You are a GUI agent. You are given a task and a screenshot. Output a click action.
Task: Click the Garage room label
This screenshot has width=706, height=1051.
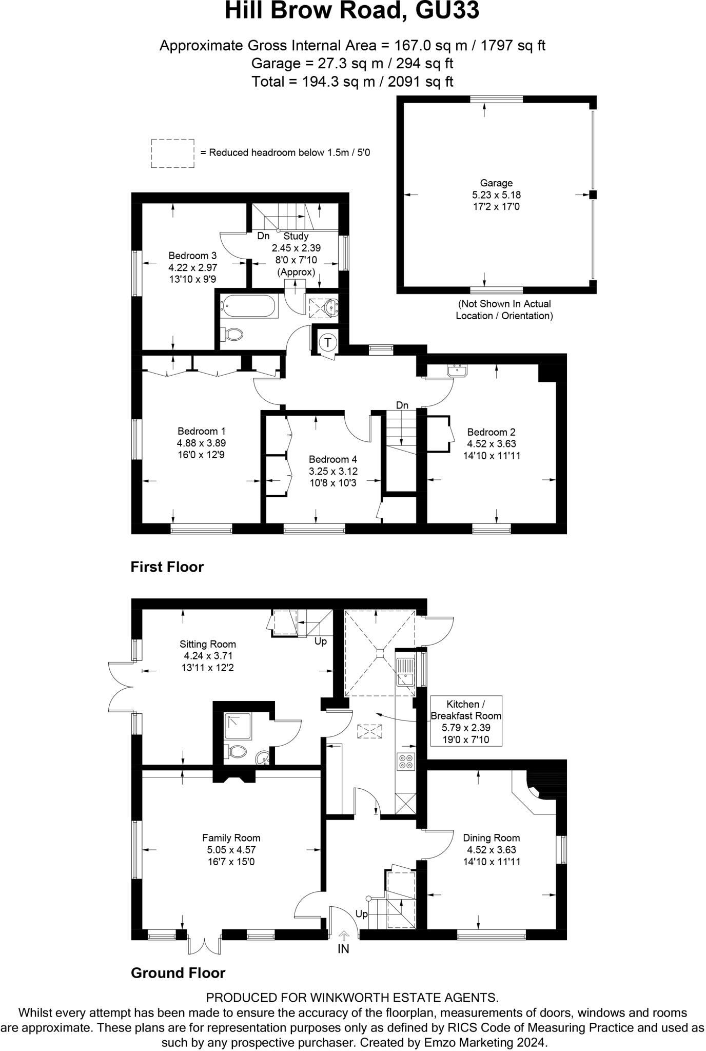[496, 183]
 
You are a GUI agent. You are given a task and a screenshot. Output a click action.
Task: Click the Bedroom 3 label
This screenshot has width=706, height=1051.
[192, 256]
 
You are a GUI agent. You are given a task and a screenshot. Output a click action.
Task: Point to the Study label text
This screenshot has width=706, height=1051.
[296, 236]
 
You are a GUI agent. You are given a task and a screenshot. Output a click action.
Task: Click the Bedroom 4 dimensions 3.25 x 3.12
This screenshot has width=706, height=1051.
[333, 471]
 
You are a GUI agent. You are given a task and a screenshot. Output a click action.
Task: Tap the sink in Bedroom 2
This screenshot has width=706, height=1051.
[457, 370]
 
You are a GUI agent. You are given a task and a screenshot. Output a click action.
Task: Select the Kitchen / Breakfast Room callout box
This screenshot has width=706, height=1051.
[466, 721]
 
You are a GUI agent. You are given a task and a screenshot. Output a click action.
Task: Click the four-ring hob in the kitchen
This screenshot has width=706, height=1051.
[405, 761]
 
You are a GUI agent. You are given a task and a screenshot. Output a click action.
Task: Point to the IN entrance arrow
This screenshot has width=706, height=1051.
[343, 936]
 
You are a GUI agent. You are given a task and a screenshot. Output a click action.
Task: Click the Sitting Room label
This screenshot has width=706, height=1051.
[208, 644]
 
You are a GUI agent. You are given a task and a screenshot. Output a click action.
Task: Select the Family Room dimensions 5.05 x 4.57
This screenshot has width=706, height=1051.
[231, 850]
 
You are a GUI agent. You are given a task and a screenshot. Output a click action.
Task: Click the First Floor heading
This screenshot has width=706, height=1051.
[167, 567]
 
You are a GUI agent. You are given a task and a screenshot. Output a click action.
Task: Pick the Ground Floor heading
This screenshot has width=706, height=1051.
[178, 973]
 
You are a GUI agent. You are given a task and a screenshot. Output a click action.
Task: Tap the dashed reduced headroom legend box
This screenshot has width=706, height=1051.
[172, 153]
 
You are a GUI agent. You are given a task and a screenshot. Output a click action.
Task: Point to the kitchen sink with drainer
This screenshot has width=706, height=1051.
[406, 672]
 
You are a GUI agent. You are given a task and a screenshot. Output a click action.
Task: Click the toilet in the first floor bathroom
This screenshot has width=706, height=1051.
[233, 335]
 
